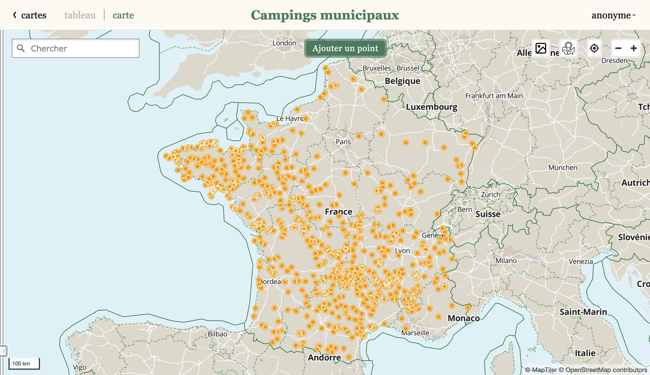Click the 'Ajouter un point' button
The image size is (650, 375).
[x=345, y=48]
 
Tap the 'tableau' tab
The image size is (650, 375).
[x=80, y=15]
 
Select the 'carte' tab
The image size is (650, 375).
[x=123, y=15]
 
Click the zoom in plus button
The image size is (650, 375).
[x=633, y=48]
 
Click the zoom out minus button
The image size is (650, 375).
[x=618, y=48]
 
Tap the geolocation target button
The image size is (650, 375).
[x=594, y=48]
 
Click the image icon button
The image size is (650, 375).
[x=541, y=48]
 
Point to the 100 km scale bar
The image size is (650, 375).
[x=24, y=364]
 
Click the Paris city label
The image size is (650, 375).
[x=343, y=142]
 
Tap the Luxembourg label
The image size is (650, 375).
[x=431, y=107]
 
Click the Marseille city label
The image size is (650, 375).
[x=415, y=333]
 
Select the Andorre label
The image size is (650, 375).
[x=324, y=357]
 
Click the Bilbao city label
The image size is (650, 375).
[x=217, y=334]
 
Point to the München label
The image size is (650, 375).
[x=563, y=168]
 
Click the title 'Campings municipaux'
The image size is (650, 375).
[x=325, y=15]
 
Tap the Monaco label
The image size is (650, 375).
[x=463, y=318]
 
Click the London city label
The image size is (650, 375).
[x=284, y=43]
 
